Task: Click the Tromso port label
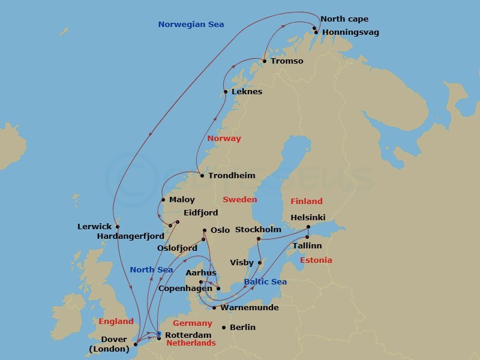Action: coord(287,61)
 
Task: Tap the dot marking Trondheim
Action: coord(202,176)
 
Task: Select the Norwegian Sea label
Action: coord(191,25)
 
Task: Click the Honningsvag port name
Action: coord(350,32)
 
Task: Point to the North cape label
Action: coord(344,19)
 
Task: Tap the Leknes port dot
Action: coord(226,92)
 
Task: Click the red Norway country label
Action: coord(224,139)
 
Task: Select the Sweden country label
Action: coord(239,200)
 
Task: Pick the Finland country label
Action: coord(307,202)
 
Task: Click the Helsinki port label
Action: coord(308,217)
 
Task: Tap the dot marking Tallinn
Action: coord(307,237)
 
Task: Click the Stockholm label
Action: coord(258,230)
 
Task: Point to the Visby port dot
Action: coord(259,262)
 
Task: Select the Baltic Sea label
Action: coord(265,282)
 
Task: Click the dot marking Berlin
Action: coord(224,328)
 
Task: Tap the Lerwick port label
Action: coord(94,227)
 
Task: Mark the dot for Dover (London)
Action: coord(136,344)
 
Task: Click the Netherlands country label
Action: coord(190,343)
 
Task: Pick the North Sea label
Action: coord(151,270)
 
